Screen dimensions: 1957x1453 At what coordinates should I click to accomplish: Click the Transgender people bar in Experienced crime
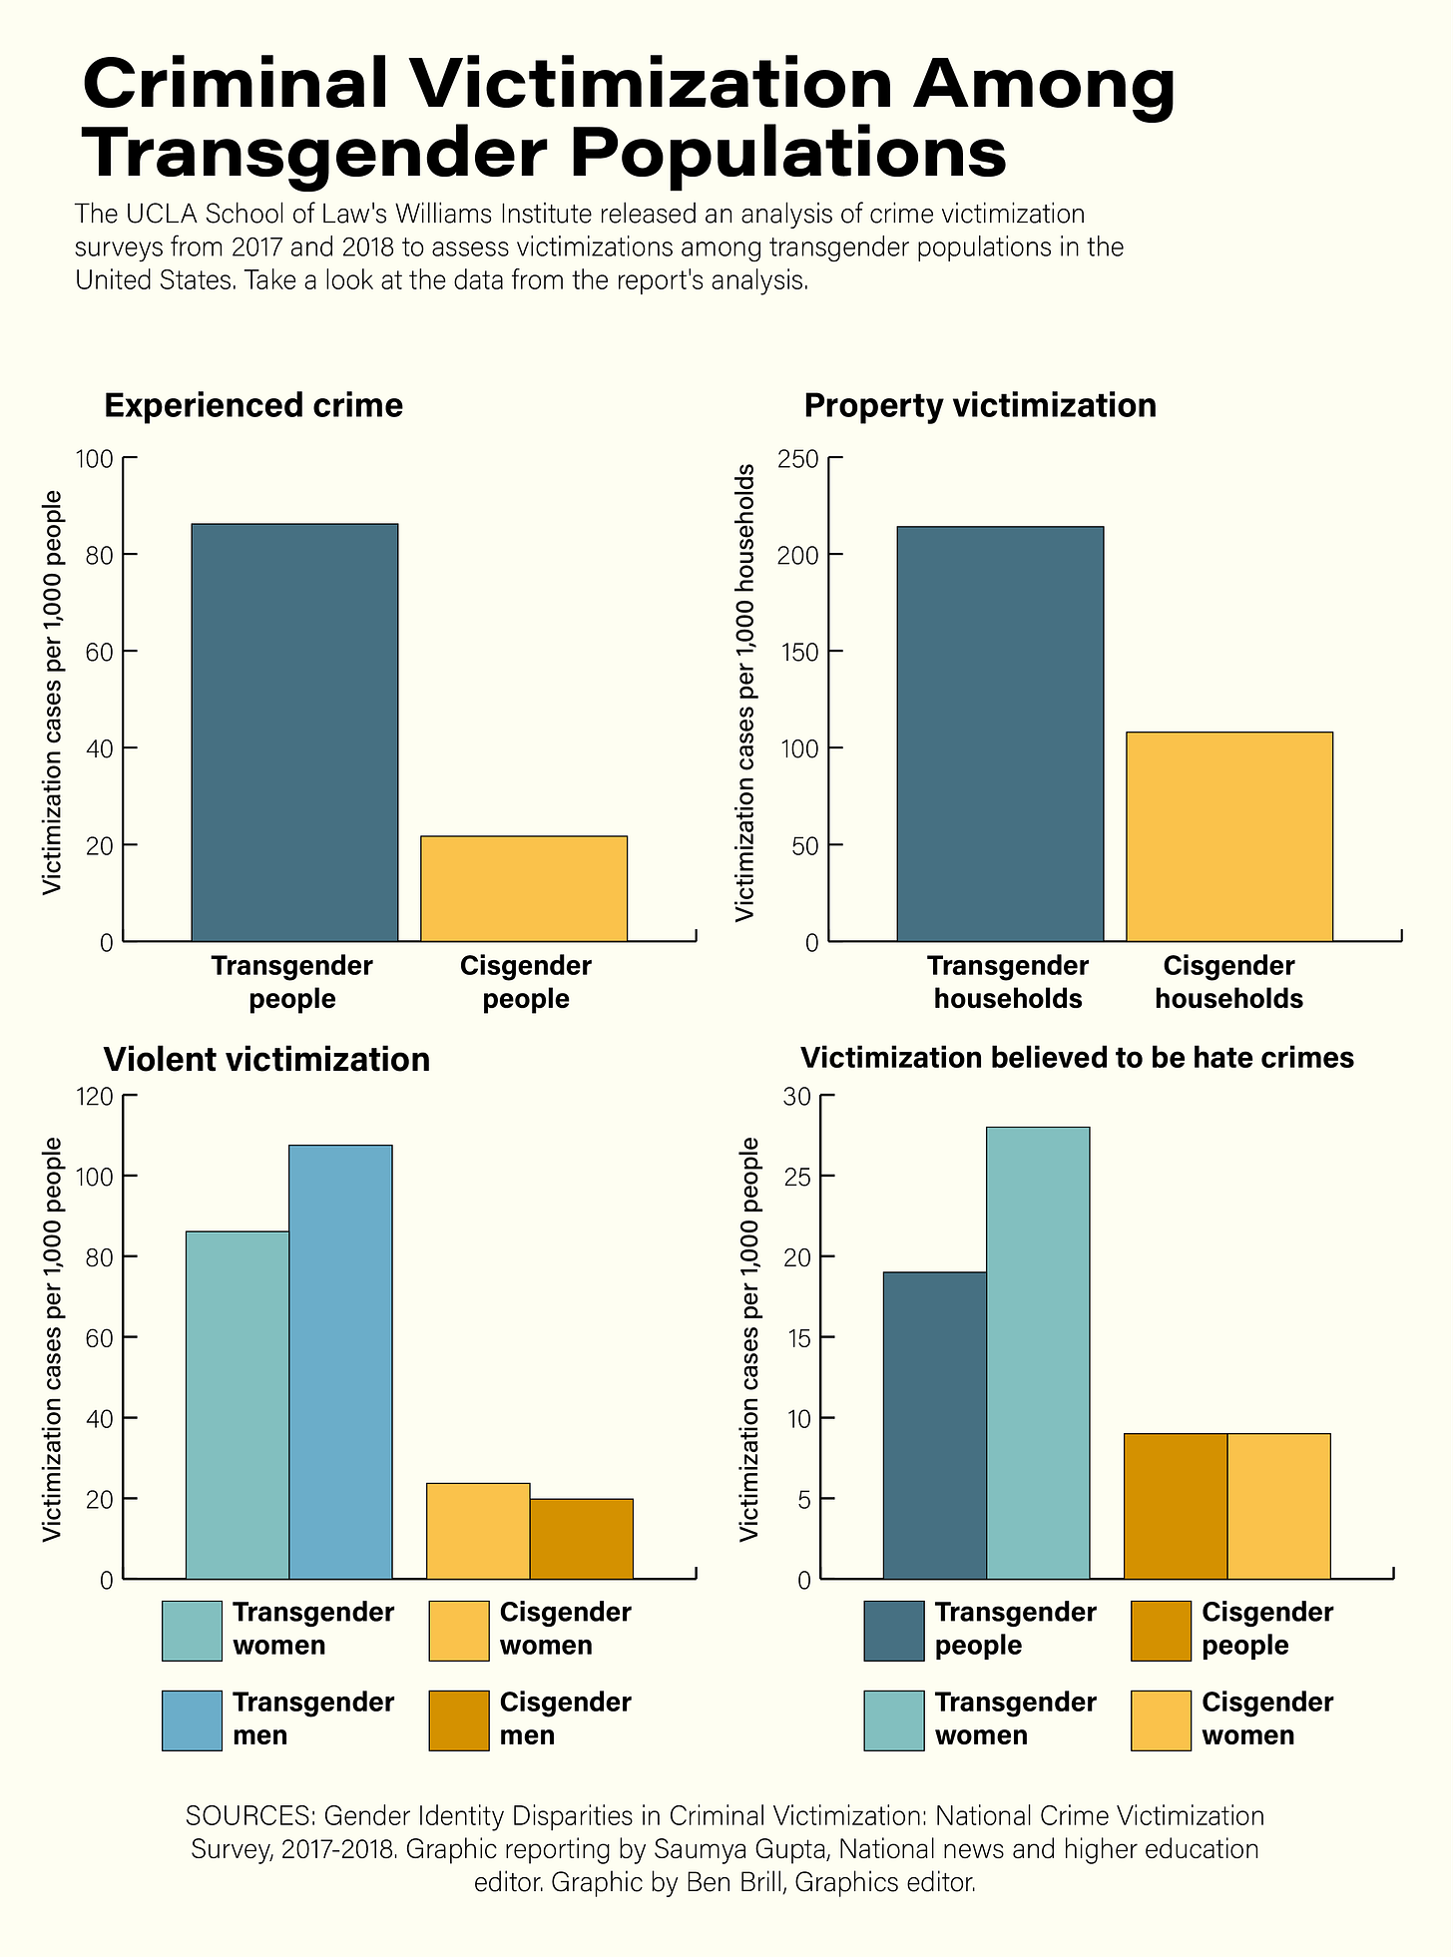(x=294, y=732)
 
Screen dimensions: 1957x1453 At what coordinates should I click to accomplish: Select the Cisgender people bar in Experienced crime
(x=524, y=888)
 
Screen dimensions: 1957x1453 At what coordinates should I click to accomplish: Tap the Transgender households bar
(x=1000, y=734)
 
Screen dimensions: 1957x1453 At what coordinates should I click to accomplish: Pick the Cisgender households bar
(x=1229, y=836)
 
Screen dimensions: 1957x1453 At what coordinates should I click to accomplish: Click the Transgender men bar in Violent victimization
(x=340, y=1361)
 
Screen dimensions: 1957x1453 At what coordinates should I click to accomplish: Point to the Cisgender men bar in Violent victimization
(x=581, y=1538)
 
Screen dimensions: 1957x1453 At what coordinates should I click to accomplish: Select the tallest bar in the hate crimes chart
(x=1038, y=1352)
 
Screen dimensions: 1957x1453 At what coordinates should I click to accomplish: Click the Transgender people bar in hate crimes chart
(x=935, y=1425)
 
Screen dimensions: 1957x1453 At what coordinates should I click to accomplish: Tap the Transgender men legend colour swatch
(x=192, y=1720)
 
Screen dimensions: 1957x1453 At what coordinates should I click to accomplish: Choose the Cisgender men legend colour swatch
(x=459, y=1720)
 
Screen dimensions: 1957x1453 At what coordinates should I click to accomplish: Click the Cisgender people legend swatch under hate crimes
(x=1161, y=1631)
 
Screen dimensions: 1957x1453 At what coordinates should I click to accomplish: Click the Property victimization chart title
(x=979, y=406)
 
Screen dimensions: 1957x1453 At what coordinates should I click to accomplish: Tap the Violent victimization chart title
(x=266, y=1059)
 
